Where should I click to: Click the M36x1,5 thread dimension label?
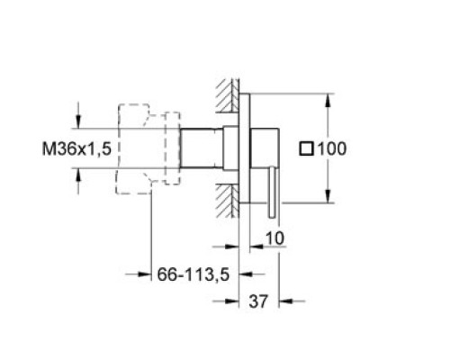click(76, 148)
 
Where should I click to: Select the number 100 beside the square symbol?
click(332, 148)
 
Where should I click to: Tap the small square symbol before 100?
click(307, 149)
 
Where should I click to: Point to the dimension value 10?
click(274, 238)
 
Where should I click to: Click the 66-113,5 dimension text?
click(193, 274)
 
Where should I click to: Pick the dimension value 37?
click(258, 301)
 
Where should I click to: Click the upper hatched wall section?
click(228, 95)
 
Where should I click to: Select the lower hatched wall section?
click(228, 201)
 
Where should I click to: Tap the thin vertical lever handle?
click(273, 192)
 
